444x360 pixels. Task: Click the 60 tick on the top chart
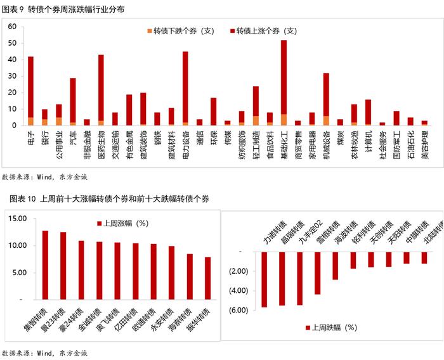pos(13,26)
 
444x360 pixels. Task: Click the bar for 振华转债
pos(207,278)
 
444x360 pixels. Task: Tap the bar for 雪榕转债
pos(335,266)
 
